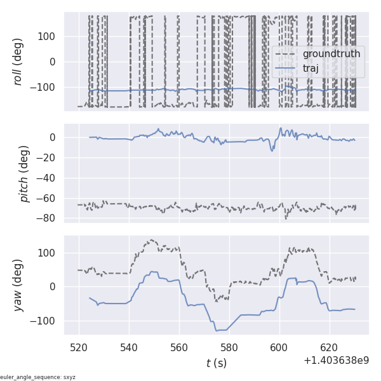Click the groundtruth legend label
(x=331, y=54)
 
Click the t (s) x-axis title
(x=216, y=363)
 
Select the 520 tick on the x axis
(x=79, y=348)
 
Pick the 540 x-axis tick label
(x=129, y=348)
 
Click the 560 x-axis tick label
(x=179, y=348)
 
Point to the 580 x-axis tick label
(x=229, y=348)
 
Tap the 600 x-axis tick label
(x=279, y=348)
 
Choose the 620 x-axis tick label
(x=330, y=348)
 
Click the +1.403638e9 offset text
(x=336, y=361)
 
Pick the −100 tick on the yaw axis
(x=44, y=321)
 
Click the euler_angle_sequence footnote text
(x=38, y=377)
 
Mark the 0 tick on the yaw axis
(x=55, y=286)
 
